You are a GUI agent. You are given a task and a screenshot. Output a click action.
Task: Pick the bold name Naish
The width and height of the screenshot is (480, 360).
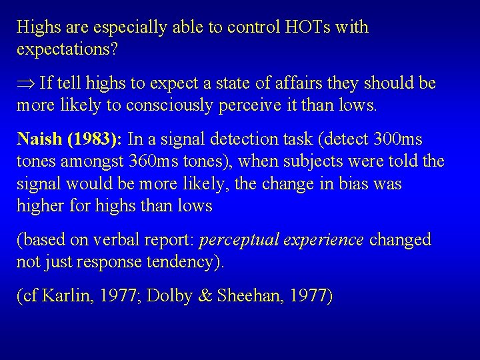pyautogui.click(x=40, y=140)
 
